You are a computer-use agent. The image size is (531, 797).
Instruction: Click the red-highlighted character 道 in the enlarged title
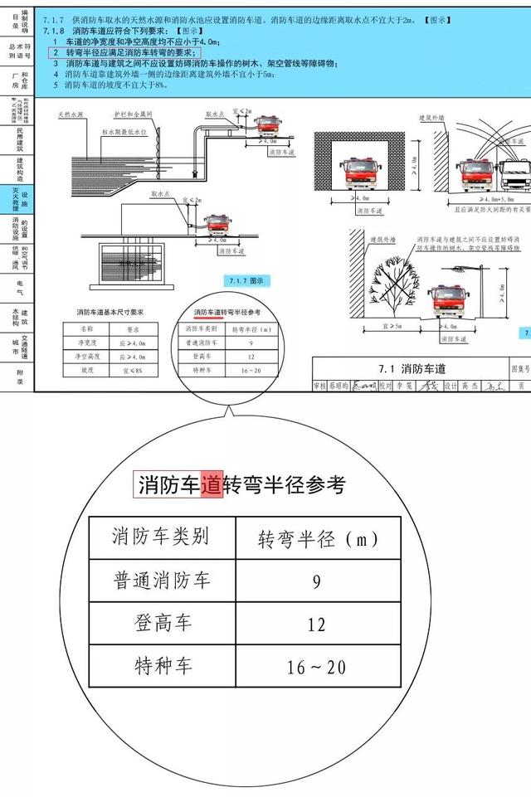tap(212, 485)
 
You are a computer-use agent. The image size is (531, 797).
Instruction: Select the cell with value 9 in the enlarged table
tap(316, 581)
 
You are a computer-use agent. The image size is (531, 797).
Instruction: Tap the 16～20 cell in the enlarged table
tap(316, 667)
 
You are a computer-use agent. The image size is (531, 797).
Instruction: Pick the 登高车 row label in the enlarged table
tap(162, 624)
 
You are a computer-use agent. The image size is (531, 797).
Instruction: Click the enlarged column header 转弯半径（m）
tap(316, 539)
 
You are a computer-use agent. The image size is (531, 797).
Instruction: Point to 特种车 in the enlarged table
tap(162, 667)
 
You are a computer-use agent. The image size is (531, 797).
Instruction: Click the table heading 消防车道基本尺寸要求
tap(110, 312)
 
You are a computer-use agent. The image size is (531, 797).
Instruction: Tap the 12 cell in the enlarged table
tap(316, 624)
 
